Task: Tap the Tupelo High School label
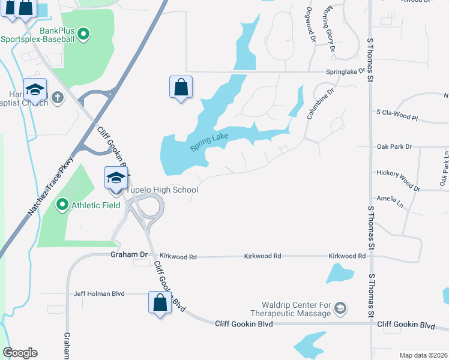pos(161,190)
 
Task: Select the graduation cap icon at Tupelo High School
pos(116,178)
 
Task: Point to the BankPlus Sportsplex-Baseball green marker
pos(84,35)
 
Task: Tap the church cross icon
pos(57,98)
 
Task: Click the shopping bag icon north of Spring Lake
pos(181,88)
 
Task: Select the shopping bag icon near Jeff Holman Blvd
pos(160,302)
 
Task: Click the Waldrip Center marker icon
pos(340,308)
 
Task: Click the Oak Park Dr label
pos(394,146)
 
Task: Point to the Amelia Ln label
pos(387,199)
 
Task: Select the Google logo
pos(19,353)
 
